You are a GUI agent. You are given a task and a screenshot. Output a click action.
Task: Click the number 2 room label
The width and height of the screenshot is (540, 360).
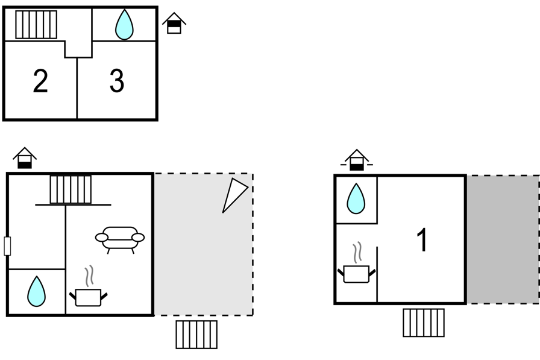[x=40, y=81]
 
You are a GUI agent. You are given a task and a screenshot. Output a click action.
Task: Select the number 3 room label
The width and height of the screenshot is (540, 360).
[x=117, y=81]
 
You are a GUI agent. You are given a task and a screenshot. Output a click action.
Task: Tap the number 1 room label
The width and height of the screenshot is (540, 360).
[x=422, y=240]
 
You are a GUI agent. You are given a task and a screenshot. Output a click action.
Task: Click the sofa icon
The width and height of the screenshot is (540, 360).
[x=120, y=240]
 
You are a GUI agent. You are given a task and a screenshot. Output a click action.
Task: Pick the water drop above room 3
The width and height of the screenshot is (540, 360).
[x=124, y=25]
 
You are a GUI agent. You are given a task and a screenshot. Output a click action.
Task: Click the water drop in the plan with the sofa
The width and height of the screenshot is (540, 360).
[x=36, y=291]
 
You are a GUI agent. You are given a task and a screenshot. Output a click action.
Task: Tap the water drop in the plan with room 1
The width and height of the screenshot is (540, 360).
[x=356, y=199]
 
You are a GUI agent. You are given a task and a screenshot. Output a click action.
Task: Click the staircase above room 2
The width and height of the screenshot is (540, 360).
[x=36, y=25]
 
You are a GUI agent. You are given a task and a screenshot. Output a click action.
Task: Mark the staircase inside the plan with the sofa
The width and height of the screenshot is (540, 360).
[x=71, y=190]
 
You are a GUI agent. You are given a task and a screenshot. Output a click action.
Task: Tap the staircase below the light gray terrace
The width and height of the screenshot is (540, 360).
[x=196, y=335]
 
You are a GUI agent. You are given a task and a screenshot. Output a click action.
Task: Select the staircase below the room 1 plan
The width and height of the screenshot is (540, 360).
[x=424, y=323]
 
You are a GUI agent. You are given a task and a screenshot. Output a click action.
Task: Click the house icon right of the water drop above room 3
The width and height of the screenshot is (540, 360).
[x=174, y=24]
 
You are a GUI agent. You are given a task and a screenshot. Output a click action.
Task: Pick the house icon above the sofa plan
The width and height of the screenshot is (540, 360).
[x=25, y=158]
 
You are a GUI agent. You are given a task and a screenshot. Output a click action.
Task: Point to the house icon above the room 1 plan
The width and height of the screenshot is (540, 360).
[x=357, y=160]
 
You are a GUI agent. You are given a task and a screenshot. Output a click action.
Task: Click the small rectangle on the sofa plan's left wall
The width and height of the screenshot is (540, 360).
[x=7, y=246]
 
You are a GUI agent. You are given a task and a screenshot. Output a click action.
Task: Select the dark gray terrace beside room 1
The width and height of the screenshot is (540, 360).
[x=503, y=239]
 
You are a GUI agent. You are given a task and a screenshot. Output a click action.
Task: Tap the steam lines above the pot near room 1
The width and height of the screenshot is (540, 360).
[x=358, y=253]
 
